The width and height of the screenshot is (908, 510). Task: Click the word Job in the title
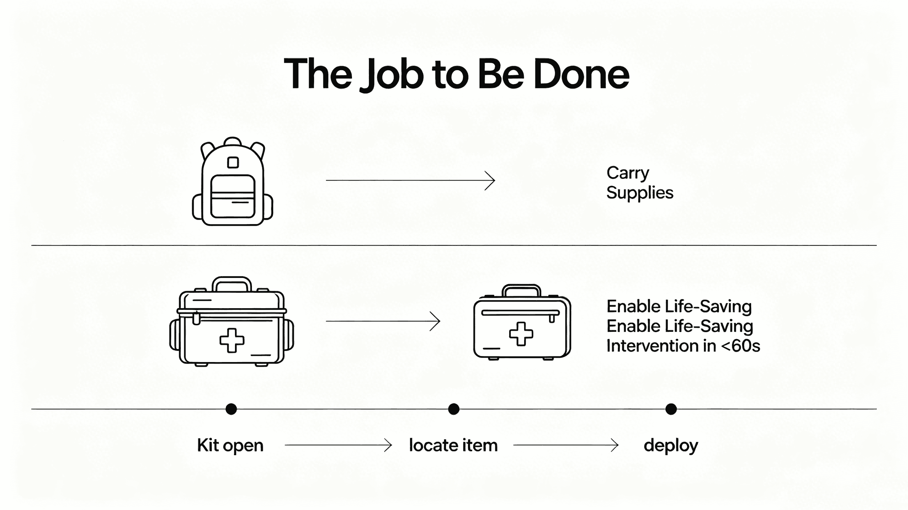[392, 75]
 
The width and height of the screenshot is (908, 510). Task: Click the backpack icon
[233, 181]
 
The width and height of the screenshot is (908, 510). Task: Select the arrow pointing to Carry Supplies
[410, 180]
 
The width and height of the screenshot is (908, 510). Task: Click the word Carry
[628, 173]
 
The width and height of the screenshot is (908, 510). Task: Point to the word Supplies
[640, 193]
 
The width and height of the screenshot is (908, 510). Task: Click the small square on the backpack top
[233, 162]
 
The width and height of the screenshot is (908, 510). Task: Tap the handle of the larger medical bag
[232, 284]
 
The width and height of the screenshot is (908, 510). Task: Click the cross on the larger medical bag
[232, 340]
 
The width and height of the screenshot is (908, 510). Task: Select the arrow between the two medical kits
[383, 321]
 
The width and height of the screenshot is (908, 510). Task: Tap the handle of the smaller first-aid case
[521, 290]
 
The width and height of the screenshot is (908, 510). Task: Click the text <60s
[740, 346]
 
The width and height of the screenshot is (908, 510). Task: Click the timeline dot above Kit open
[231, 409]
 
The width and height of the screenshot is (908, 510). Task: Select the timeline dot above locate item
[454, 409]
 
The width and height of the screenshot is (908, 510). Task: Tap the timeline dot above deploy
[671, 409]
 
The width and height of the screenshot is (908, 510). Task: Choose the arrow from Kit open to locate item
[338, 445]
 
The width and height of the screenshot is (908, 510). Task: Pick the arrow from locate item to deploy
[566, 445]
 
